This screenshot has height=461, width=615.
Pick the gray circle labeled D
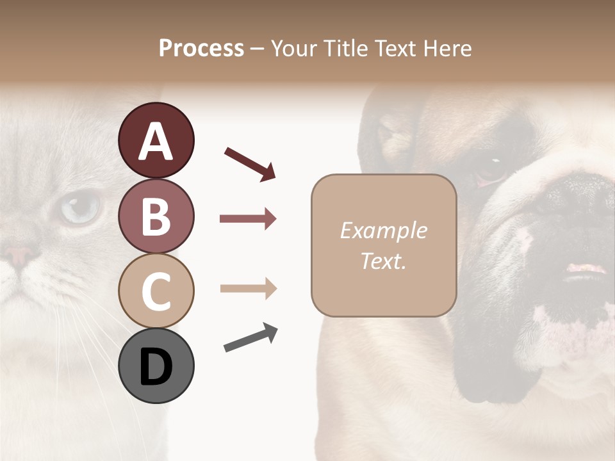point(156,366)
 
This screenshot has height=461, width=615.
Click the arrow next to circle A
point(250,163)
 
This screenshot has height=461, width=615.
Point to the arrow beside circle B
point(248,219)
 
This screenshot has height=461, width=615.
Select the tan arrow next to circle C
point(248,289)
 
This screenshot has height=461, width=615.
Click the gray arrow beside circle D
point(250,337)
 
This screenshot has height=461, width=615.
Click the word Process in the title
point(201,48)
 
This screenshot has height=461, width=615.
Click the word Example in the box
point(383,230)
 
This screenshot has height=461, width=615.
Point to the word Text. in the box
point(383,261)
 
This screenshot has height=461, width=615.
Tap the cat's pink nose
point(19,255)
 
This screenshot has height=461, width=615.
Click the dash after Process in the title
point(257,49)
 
